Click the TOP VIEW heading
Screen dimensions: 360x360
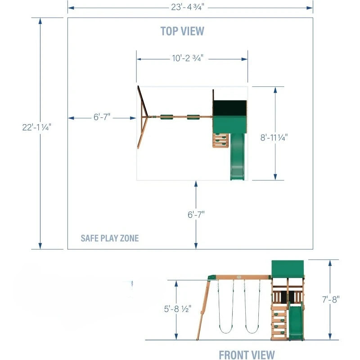182,31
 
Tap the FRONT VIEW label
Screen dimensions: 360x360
247,355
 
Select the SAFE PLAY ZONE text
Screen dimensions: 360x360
110,238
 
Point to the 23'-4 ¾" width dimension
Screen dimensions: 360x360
187,7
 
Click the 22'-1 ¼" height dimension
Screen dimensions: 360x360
37,127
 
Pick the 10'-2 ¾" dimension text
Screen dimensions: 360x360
188,58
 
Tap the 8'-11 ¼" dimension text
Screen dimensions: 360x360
274,138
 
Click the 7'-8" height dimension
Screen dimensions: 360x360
331,299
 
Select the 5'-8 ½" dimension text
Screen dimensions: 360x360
177,309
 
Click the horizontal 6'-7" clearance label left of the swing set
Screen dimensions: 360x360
102,117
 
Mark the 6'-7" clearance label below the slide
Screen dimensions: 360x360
196,215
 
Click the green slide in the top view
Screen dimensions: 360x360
238,157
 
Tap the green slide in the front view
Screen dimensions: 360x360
296,321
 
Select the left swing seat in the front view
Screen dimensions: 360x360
226,331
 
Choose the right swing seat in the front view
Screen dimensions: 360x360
252,331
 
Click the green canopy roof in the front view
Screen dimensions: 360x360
288,269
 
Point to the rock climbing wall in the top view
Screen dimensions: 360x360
220,140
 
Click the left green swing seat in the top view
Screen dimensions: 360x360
166,117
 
